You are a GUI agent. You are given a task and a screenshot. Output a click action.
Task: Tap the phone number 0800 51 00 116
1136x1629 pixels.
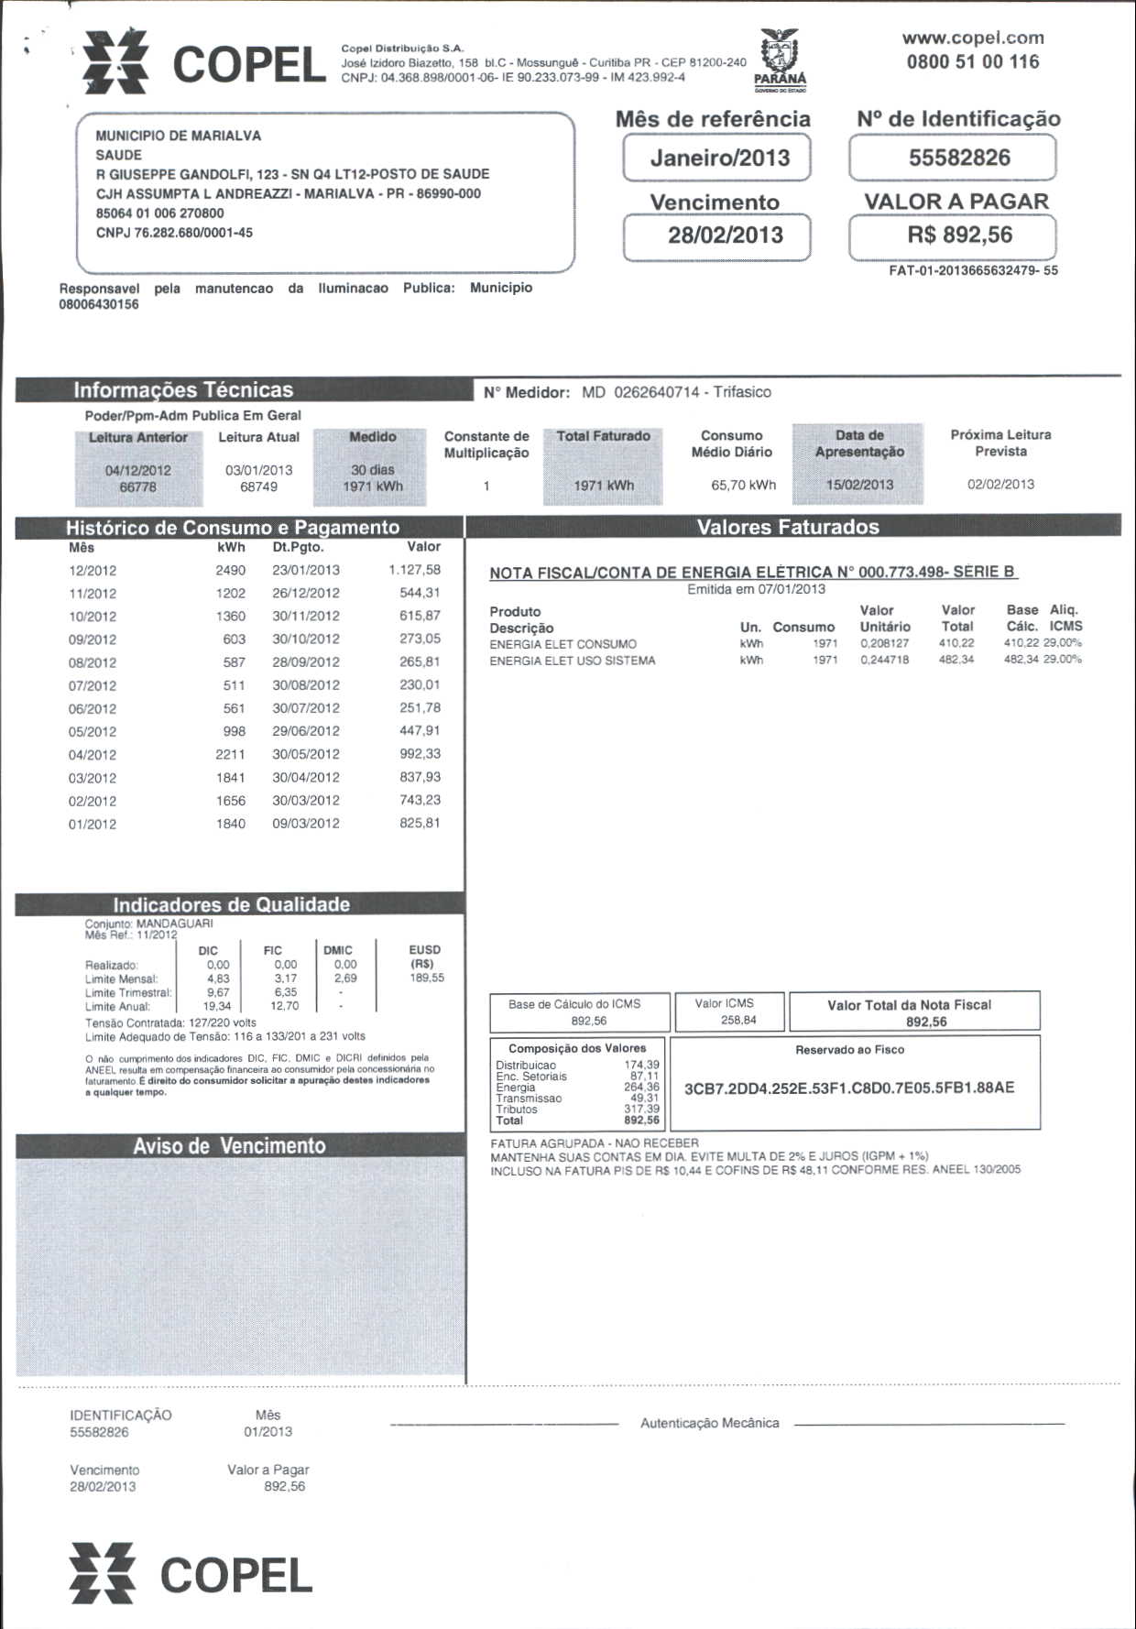point(973,62)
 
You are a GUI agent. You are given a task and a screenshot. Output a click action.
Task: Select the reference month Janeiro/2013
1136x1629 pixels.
point(720,158)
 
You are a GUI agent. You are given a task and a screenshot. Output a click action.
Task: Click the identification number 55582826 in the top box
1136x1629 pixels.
point(959,158)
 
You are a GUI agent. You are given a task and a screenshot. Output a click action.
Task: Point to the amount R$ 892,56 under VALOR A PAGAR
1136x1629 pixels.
point(959,235)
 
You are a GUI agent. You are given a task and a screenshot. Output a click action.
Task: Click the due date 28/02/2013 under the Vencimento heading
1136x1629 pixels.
point(725,235)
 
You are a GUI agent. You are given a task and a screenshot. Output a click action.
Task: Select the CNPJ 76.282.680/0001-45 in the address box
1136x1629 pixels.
point(174,233)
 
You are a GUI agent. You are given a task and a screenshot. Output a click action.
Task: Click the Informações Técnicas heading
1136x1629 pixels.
point(183,390)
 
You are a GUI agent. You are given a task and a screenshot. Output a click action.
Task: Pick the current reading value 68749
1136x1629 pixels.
point(258,487)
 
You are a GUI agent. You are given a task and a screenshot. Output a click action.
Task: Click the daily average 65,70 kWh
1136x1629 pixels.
point(743,485)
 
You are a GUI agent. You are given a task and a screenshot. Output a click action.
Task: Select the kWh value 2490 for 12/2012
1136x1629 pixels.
point(230,570)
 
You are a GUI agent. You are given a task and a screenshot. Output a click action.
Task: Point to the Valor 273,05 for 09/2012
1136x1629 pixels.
point(420,639)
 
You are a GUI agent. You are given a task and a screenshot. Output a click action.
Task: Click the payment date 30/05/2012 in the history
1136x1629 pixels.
point(306,754)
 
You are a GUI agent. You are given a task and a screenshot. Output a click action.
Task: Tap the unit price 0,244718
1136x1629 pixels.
point(884,660)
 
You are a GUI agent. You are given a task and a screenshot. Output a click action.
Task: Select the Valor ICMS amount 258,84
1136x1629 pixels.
point(738,1020)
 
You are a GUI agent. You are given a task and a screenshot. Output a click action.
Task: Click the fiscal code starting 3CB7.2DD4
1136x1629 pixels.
point(849,1088)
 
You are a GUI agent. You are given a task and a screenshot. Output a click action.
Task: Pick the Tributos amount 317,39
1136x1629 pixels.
point(641,1109)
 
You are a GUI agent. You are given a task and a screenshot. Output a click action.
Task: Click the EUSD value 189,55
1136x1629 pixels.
point(427,978)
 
